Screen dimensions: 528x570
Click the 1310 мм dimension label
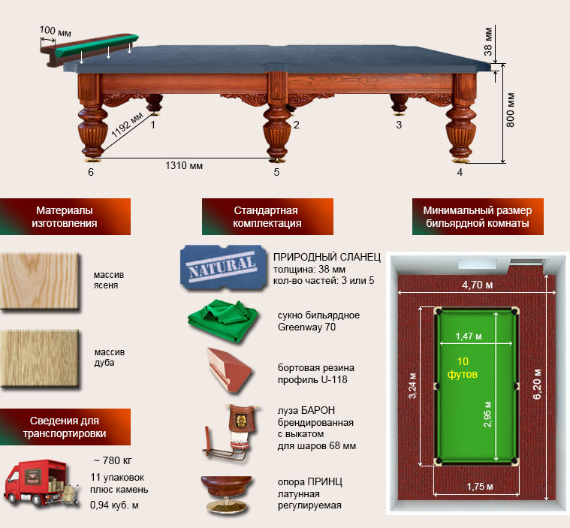(185, 164)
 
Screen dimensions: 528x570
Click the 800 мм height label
(511, 110)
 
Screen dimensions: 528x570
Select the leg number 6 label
(90, 172)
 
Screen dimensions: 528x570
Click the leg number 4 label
(460, 172)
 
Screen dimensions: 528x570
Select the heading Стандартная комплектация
(267, 216)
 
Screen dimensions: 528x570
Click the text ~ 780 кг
(113, 460)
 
